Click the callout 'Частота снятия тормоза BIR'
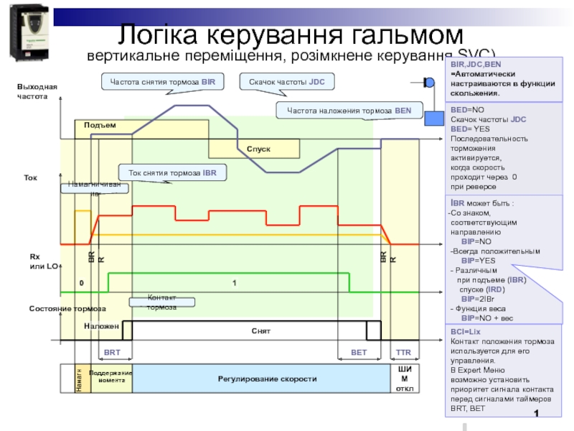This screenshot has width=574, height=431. [162, 83]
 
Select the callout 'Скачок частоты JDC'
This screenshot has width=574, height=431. [286, 83]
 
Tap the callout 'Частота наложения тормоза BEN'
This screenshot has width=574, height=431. [349, 111]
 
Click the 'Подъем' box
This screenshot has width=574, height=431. [100, 126]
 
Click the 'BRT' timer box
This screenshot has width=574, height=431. [112, 353]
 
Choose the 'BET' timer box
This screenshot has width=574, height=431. [358, 353]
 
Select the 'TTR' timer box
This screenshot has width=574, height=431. [403, 353]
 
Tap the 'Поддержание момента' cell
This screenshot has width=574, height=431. [111, 378]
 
